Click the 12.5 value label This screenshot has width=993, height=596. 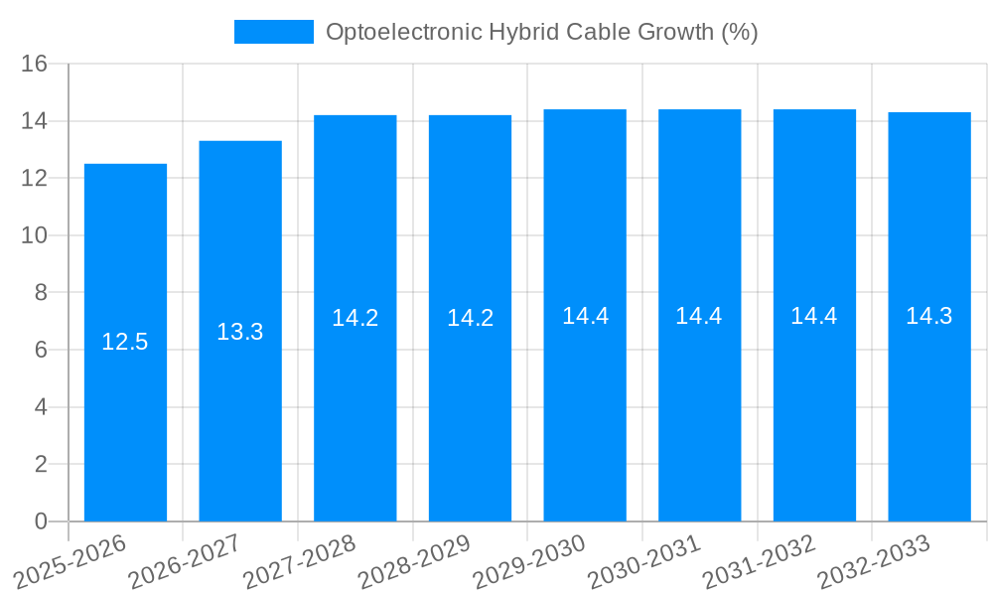pyautogui.click(x=125, y=343)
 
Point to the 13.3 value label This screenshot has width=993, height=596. pyautogui.click(x=240, y=332)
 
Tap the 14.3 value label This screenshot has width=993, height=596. pyautogui.click(x=929, y=316)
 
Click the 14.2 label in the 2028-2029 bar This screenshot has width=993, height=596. pyautogui.click(x=470, y=318)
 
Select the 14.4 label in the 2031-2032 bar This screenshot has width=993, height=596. pyautogui.click(x=814, y=316)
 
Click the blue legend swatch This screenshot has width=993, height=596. pyautogui.click(x=273, y=32)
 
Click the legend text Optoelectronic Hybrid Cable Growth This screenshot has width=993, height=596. pyautogui.click(x=541, y=32)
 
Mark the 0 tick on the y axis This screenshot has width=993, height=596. pyautogui.click(x=41, y=521)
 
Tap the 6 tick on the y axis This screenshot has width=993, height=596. pyautogui.click(x=41, y=351)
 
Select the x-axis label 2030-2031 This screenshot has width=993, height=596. pyautogui.click(x=645, y=562)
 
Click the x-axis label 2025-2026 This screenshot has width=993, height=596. pyautogui.click(x=71, y=562)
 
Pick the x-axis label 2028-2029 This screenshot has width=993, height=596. pyautogui.click(x=415, y=562)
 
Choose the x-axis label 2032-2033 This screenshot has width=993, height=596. pyautogui.click(x=874, y=562)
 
